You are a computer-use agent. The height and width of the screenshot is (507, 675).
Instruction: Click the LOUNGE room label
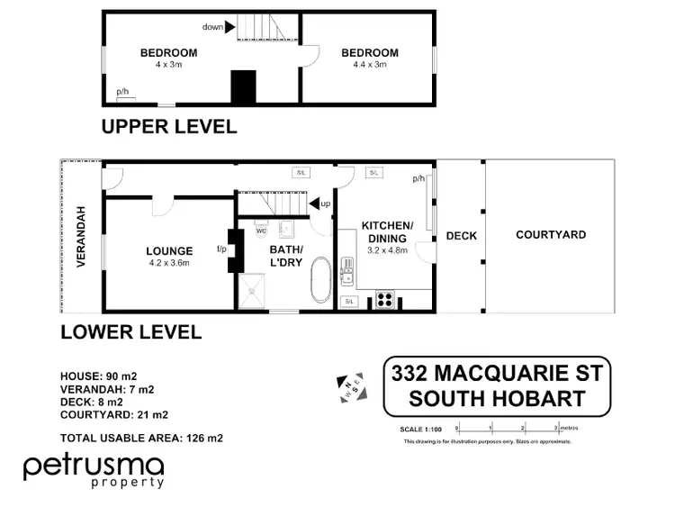169,251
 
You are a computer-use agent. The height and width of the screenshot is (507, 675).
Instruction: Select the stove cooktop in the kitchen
385,299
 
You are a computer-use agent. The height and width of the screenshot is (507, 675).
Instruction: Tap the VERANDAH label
81,237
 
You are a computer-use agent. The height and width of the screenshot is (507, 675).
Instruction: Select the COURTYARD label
551,235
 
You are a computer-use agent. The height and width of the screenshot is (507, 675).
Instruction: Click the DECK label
461,236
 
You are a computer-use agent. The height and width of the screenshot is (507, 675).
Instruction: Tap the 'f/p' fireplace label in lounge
220,249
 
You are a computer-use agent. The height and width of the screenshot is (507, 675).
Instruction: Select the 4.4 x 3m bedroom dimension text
369,65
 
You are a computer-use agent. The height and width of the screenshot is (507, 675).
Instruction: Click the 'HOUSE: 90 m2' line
98,376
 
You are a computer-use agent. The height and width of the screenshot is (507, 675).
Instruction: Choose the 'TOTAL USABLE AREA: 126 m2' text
141,439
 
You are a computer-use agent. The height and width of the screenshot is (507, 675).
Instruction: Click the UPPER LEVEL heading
168,127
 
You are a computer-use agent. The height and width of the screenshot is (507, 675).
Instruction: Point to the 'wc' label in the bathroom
261,231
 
